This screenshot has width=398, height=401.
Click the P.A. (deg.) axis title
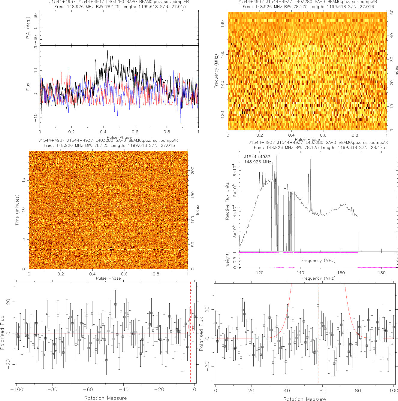28,28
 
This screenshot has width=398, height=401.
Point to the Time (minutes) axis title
17,210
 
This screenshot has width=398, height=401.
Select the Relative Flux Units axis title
227,201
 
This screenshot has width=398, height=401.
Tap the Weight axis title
227,260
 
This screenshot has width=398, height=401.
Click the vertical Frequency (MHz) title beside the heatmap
216,71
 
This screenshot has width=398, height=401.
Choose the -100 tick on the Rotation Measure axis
17,390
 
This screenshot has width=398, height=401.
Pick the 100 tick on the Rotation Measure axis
393,391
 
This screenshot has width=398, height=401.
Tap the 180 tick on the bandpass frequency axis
381,273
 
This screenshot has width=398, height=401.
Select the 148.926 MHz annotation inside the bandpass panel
258,162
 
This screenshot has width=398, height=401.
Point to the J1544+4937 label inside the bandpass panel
257,157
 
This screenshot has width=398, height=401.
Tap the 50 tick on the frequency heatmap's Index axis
392,12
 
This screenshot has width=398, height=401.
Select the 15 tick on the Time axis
23,180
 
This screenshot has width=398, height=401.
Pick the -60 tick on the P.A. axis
36,38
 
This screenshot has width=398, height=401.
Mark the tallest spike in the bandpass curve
276,156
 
